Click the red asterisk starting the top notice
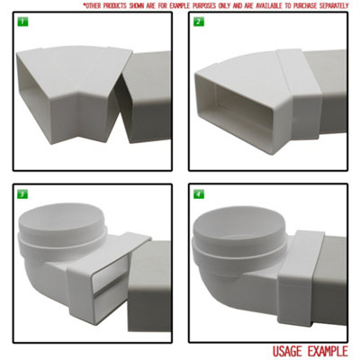tap(83, 4)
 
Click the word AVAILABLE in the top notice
tap(247, 5)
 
